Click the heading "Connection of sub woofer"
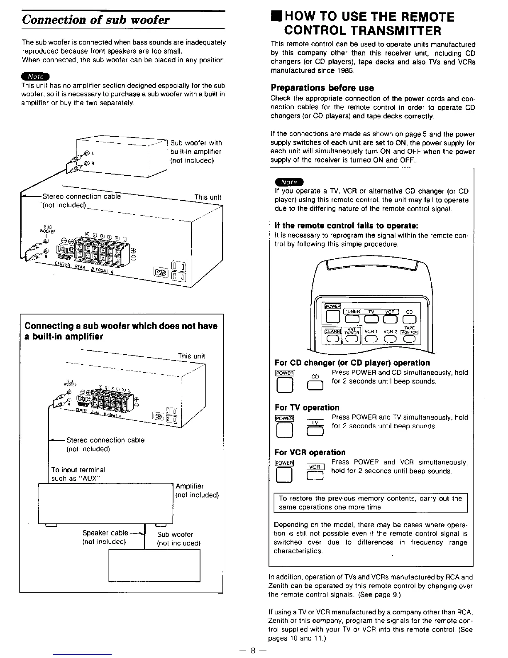tap(96, 20)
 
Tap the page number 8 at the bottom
tap(252, 651)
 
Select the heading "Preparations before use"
tap(322, 88)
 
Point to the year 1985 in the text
tap(344, 71)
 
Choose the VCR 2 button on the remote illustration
tap(390, 339)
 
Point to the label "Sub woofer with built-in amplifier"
tap(196, 152)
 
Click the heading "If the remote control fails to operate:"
tap(346, 226)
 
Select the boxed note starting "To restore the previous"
tap(370, 503)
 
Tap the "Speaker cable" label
tap(105, 533)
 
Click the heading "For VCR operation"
tap(310, 452)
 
